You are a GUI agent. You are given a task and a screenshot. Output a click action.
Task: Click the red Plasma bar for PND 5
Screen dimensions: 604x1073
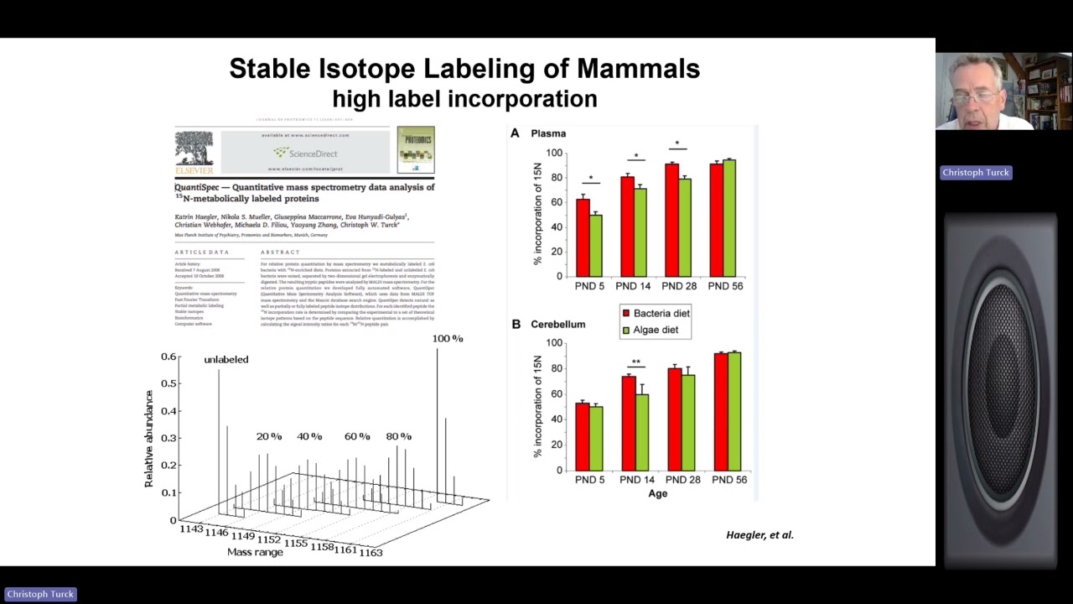click(x=583, y=238)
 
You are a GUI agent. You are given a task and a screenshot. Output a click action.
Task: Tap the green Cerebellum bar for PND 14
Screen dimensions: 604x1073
click(x=642, y=432)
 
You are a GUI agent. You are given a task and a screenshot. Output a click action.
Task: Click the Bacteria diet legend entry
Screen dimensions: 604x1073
click(x=656, y=313)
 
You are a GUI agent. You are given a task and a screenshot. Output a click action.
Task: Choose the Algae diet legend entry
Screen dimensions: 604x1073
click(x=650, y=330)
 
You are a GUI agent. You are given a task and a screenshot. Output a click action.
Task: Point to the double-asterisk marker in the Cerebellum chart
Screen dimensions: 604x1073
click(x=636, y=363)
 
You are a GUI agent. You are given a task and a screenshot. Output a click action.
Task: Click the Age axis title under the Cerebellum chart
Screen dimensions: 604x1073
click(x=657, y=493)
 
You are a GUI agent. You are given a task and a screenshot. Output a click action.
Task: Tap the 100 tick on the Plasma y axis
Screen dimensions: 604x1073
click(x=554, y=153)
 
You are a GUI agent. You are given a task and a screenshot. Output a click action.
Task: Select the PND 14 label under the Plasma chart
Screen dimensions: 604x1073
click(x=633, y=286)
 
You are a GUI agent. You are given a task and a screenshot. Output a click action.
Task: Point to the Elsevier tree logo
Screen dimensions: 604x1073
click(x=194, y=148)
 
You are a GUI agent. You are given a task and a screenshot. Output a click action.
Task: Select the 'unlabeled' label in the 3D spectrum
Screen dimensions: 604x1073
click(x=226, y=359)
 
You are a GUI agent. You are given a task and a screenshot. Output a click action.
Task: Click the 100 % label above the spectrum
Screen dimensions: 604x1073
click(x=448, y=338)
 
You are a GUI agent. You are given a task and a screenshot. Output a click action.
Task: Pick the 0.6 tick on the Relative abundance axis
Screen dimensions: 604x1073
click(x=168, y=357)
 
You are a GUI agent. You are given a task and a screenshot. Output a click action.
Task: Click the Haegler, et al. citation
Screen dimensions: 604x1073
click(x=759, y=534)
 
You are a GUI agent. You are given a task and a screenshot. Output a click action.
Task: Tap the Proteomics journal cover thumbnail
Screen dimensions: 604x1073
click(x=416, y=149)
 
